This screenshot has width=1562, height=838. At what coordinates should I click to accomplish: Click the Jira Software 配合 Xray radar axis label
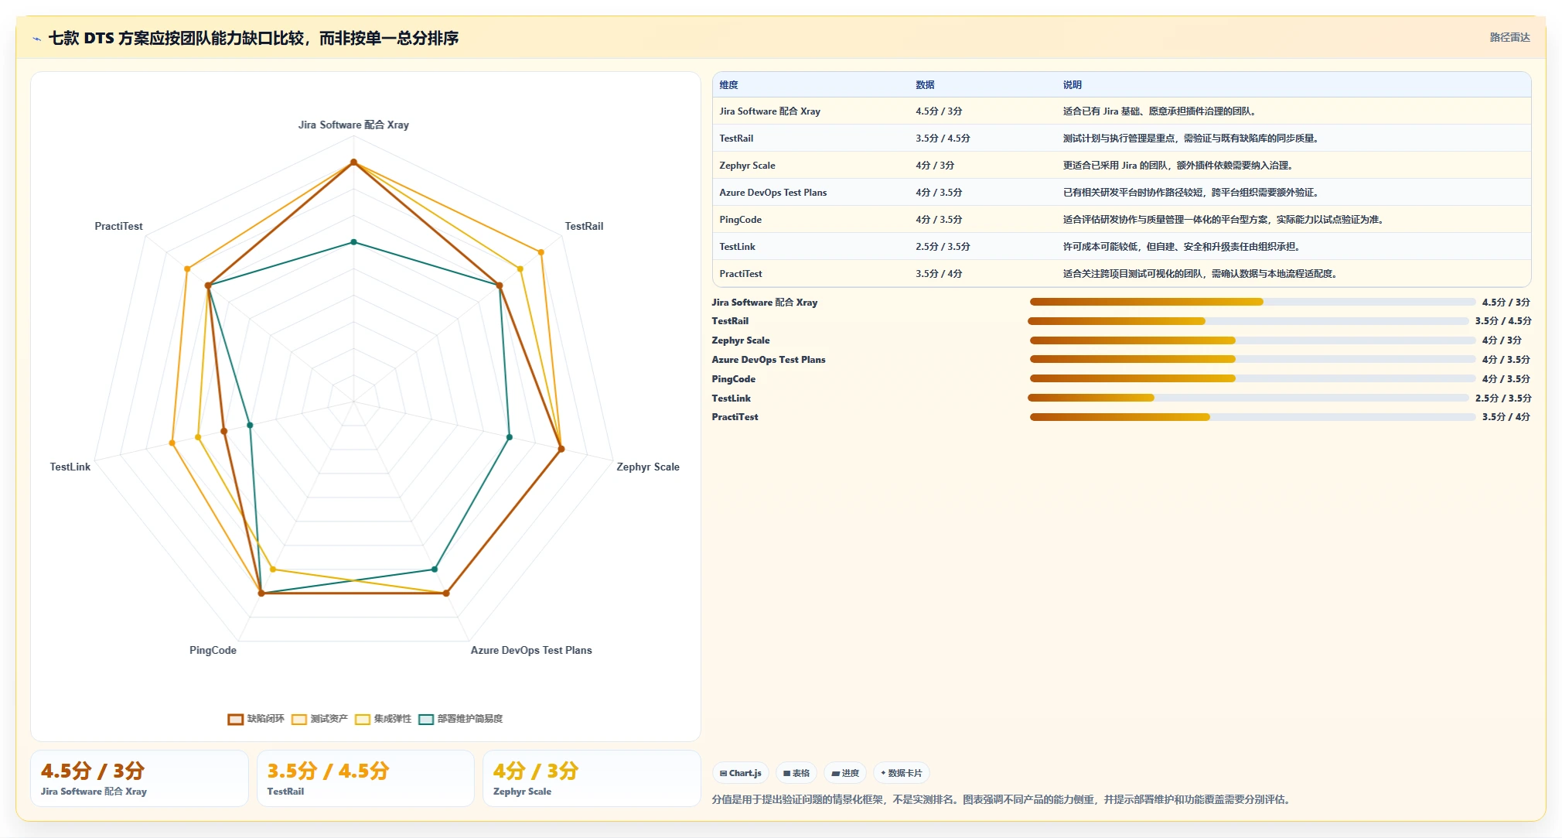tap(353, 125)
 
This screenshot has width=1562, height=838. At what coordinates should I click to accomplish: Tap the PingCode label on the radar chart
tap(213, 650)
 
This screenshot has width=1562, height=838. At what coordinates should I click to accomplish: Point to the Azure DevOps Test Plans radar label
tap(531, 650)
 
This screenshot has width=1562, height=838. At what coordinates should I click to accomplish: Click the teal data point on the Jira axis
tap(354, 242)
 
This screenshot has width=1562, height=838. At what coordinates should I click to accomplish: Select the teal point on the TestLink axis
tap(250, 425)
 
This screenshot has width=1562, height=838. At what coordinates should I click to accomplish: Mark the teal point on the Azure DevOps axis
tap(435, 569)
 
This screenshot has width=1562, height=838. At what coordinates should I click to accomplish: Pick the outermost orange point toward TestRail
tap(541, 252)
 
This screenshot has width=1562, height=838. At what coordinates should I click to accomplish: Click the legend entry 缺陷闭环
tap(256, 719)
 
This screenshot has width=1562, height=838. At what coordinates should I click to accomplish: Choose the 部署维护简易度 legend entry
tap(461, 719)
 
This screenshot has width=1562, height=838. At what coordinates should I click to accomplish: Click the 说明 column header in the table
tap(1073, 85)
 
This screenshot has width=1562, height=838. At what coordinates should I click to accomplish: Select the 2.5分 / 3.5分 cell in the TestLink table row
tap(943, 247)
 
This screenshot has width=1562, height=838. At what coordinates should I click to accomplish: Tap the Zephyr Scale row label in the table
tap(747, 166)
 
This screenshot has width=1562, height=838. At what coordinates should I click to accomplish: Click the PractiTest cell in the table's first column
tap(741, 274)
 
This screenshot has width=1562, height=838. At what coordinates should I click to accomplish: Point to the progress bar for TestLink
tap(1248, 398)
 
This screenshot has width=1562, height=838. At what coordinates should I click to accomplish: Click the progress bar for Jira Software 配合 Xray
tap(1253, 302)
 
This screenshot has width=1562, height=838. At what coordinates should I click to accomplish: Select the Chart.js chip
tap(741, 773)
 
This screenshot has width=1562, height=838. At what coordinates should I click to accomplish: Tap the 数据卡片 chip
tap(902, 773)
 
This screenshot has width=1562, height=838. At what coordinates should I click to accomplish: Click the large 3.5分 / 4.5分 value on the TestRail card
tap(328, 771)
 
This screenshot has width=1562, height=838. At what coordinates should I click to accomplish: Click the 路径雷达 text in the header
tap(1509, 37)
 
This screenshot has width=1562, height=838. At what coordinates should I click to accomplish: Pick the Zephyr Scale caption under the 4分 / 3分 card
tap(522, 792)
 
